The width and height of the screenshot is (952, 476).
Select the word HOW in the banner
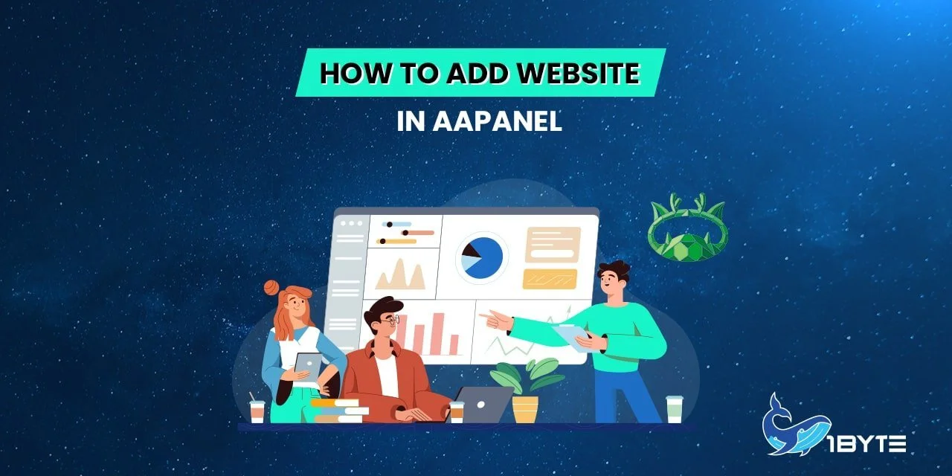click(x=347, y=74)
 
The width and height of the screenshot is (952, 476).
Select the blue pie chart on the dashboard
click(x=482, y=257)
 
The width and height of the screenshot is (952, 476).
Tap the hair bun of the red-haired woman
click(x=271, y=287)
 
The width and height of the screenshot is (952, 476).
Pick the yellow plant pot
click(x=525, y=409)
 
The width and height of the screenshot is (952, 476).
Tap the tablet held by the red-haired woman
click(x=308, y=365)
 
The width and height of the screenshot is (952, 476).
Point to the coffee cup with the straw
click(x=257, y=411)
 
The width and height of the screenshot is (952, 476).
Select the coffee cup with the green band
click(x=675, y=409)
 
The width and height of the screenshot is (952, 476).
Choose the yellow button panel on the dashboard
click(x=550, y=279)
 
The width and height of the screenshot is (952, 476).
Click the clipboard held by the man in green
click(x=573, y=338)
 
